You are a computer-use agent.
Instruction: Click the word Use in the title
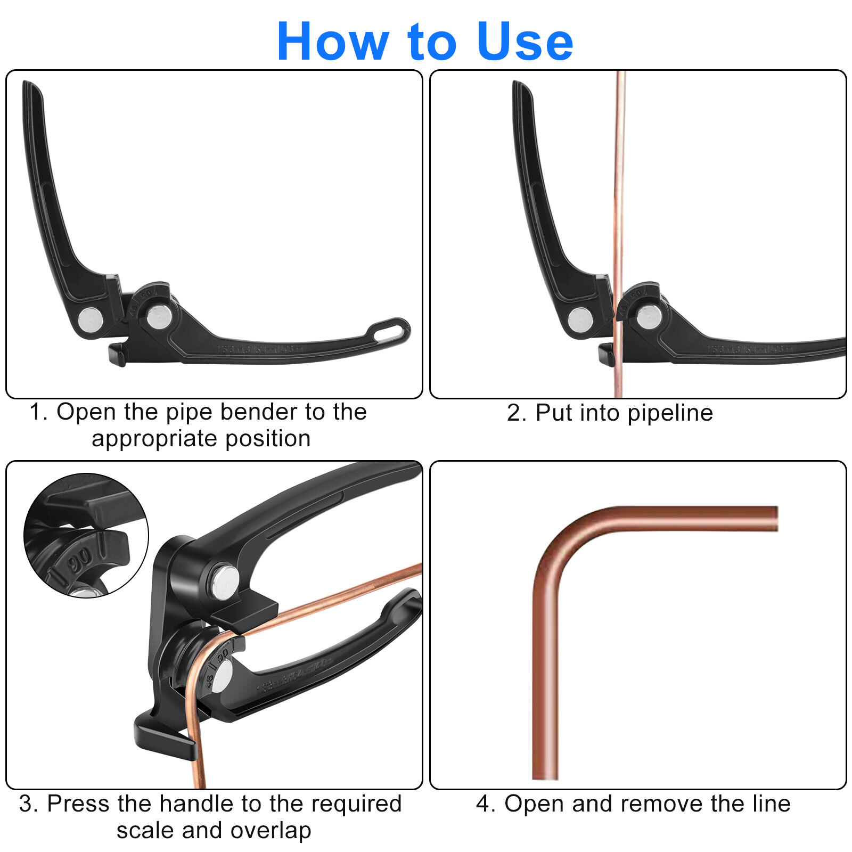coord(525,42)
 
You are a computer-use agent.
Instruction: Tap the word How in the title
coord(333,42)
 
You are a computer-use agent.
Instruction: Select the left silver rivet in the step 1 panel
coord(91,320)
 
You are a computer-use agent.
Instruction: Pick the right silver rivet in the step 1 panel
coord(159,317)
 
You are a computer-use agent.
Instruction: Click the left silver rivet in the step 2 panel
coord(580,320)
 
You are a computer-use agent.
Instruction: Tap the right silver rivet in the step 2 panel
coord(649,317)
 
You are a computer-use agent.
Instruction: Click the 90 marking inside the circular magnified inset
coord(80,559)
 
